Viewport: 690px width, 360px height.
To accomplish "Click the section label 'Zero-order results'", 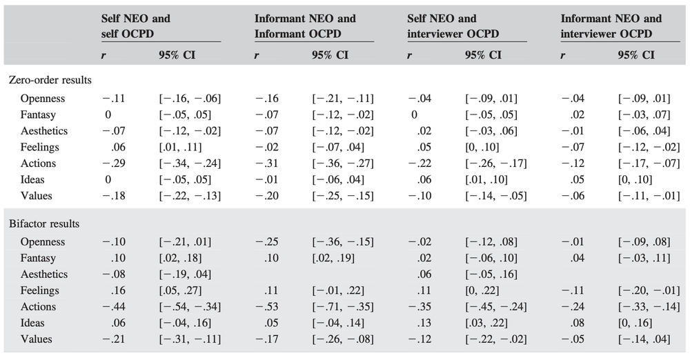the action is [x=50, y=80].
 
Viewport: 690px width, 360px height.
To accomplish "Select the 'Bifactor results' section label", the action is [x=44, y=223].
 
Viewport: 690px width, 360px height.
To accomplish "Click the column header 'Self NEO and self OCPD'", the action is [x=135, y=26].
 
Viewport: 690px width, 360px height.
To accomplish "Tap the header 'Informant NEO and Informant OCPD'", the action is [x=305, y=26].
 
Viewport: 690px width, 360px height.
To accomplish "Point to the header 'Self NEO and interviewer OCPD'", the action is [x=453, y=26].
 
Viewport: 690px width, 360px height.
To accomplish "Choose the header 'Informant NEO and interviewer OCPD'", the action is [x=611, y=26].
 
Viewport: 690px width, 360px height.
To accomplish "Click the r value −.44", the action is [x=114, y=307].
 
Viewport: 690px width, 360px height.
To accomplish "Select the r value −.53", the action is [x=266, y=307].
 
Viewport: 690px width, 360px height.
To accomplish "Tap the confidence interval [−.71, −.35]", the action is [x=343, y=307].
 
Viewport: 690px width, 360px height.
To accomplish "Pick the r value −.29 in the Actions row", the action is [x=114, y=163].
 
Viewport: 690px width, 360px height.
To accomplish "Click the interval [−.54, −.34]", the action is [x=190, y=307].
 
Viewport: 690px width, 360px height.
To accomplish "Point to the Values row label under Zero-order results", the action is [x=36, y=196].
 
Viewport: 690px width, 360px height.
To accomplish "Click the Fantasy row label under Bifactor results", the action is [x=38, y=258].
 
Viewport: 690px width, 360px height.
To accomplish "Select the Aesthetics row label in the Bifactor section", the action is [x=44, y=274].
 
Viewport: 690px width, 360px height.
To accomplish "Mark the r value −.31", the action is [x=266, y=163].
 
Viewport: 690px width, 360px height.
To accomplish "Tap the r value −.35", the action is [x=420, y=307].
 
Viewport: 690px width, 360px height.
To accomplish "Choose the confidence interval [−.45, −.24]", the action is [x=496, y=307].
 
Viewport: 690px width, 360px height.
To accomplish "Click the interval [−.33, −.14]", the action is [x=649, y=307].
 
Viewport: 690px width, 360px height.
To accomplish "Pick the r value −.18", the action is [x=114, y=196].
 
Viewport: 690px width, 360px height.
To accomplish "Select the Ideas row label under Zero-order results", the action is [x=32, y=179].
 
